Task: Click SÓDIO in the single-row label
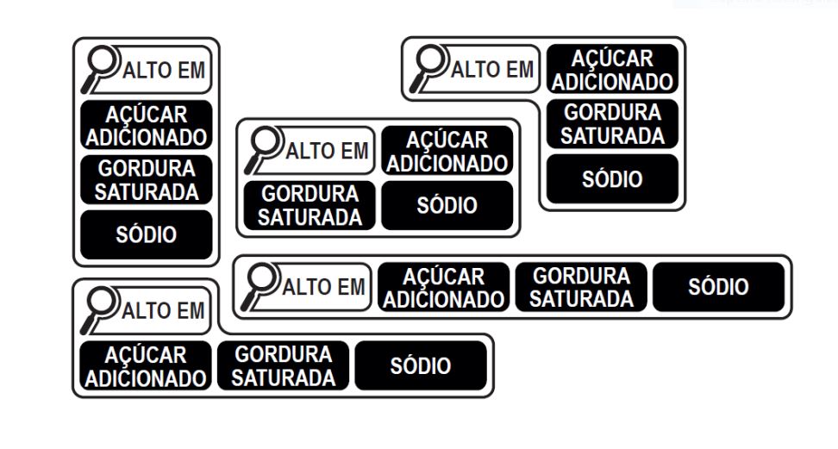point(718,287)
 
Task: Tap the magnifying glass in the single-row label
point(259,286)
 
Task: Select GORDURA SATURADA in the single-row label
point(581,287)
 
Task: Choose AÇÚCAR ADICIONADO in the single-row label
point(444,287)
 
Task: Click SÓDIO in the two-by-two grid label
point(447,206)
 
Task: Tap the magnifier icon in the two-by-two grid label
point(262,150)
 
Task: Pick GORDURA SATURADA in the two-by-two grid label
point(310,206)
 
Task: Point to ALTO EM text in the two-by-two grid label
point(327,152)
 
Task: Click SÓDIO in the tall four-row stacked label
point(147,234)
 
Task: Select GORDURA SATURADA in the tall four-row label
point(147,179)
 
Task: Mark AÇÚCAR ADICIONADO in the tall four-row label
point(147,125)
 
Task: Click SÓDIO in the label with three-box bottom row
point(421,365)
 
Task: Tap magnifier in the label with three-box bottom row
point(99,310)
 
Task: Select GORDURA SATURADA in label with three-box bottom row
point(284,365)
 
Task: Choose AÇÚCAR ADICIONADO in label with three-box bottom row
point(146,365)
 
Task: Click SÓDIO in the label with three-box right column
point(612,179)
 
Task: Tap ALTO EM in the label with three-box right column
point(492,70)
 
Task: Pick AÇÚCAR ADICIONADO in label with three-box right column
point(612,70)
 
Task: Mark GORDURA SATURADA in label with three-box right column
point(612,124)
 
